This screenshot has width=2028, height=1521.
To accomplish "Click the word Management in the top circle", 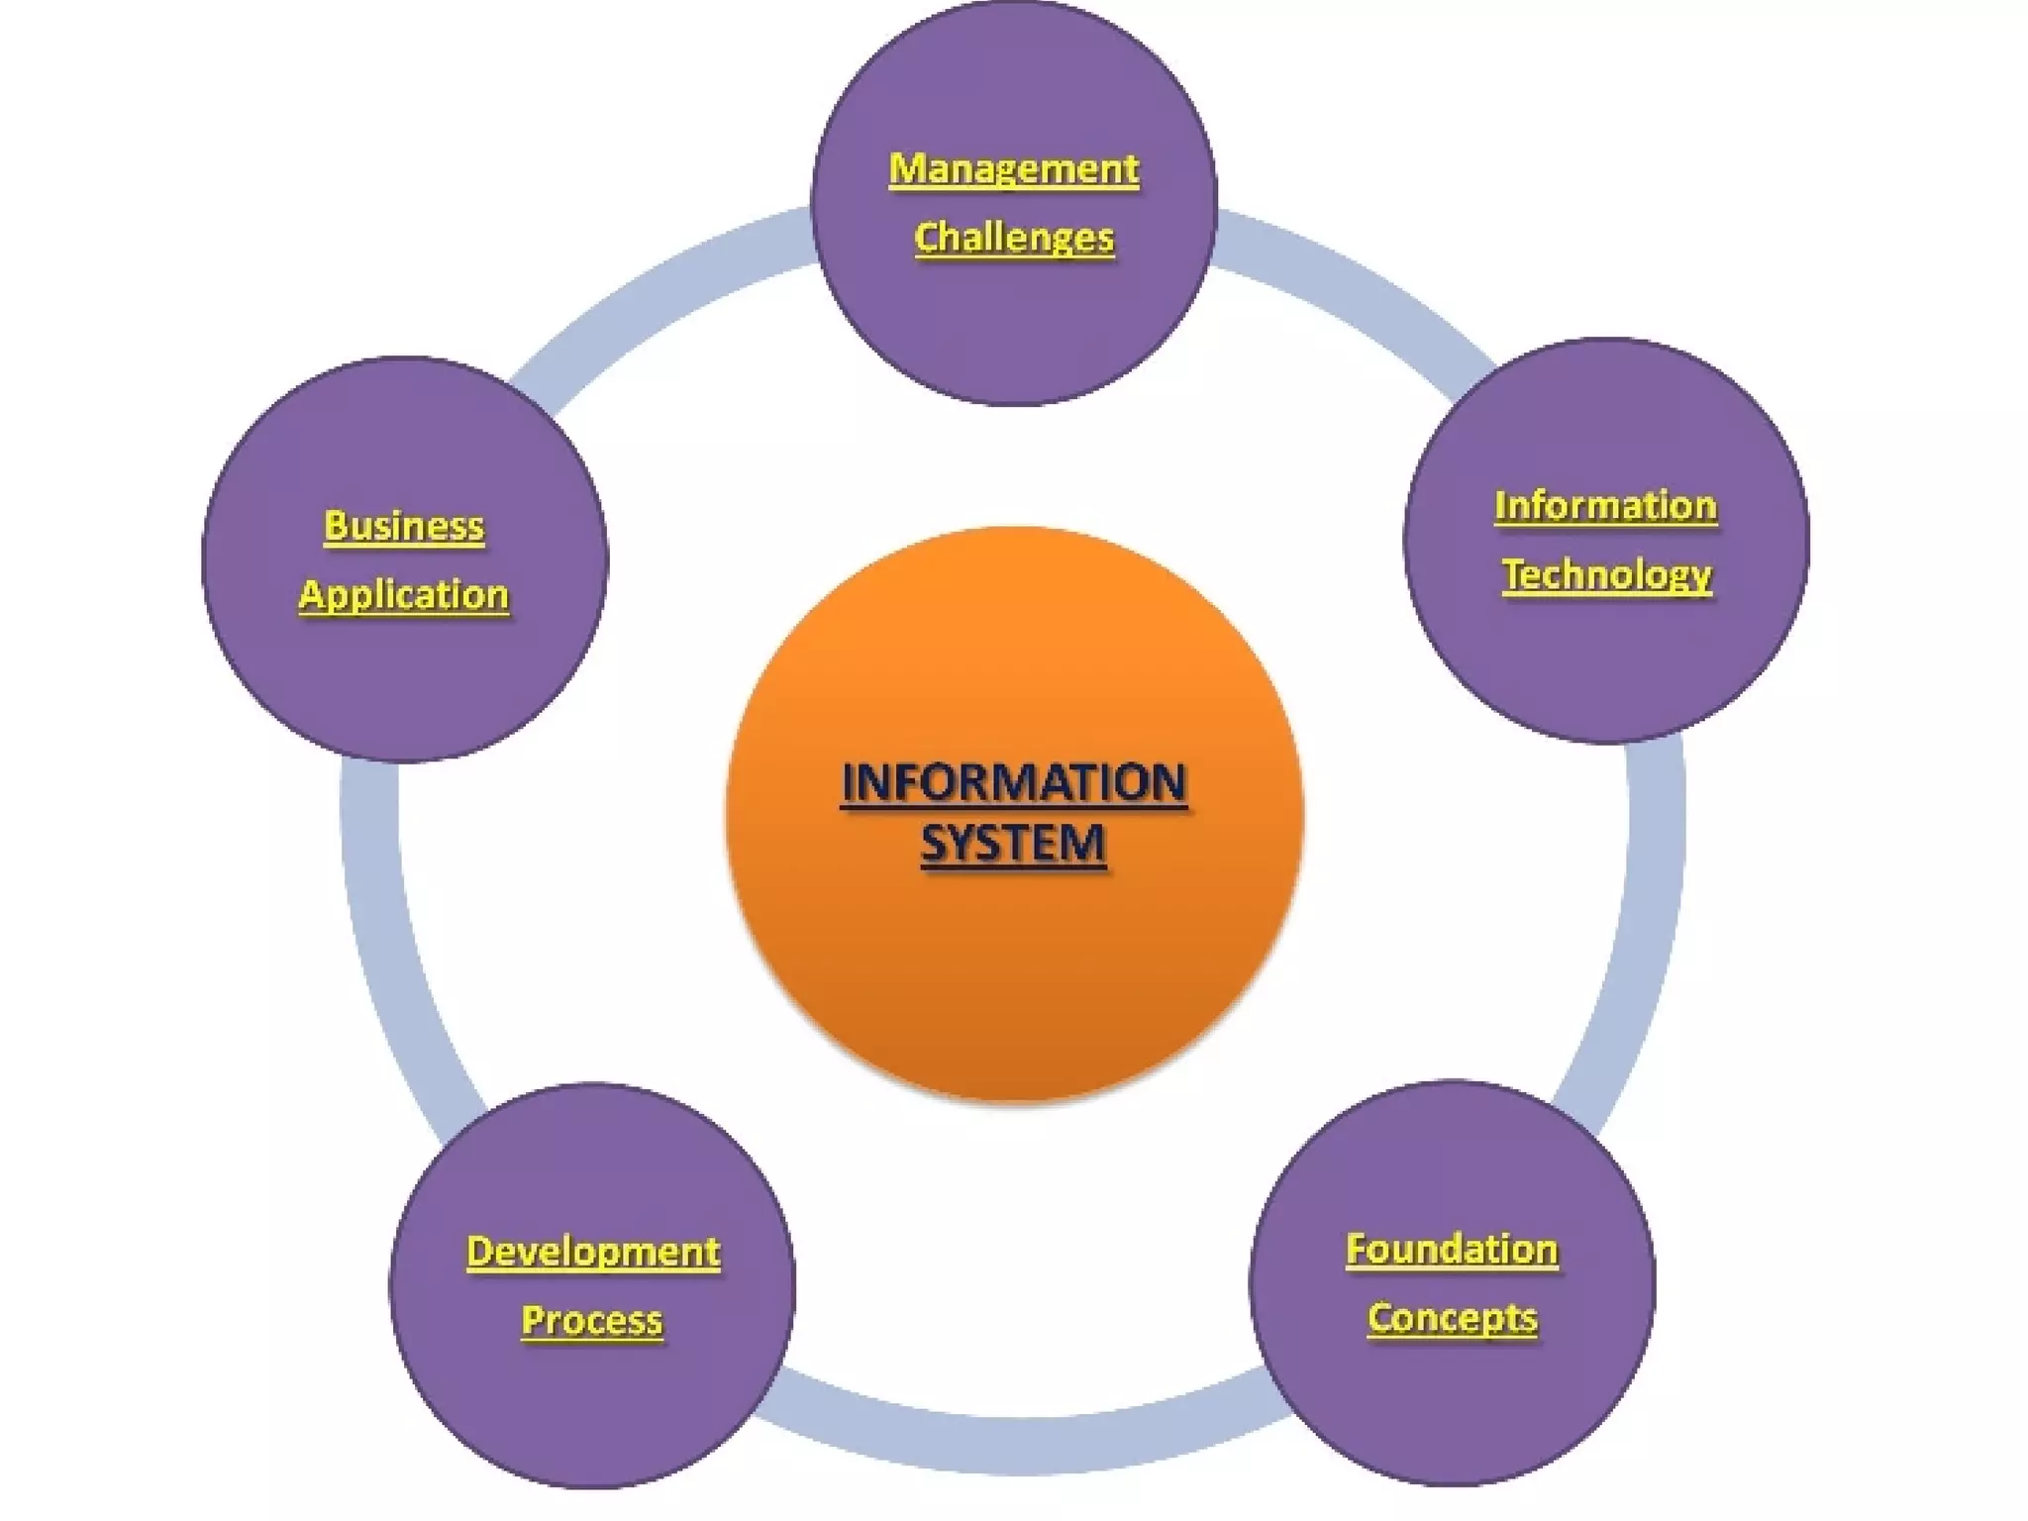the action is (1013, 169).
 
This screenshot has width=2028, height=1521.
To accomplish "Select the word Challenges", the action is (1013, 239).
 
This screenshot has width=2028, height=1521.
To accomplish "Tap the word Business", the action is (404, 526).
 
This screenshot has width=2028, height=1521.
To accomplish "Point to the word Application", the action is (404, 595).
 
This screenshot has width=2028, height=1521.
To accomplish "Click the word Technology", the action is (1606, 575).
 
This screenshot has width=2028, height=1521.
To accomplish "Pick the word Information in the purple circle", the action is (1605, 506).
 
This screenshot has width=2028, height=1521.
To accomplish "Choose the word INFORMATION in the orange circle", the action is (1013, 783).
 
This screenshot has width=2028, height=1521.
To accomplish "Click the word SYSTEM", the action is (1013, 844).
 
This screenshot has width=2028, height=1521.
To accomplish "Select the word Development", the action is (593, 1252).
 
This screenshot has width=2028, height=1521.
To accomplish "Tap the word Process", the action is (592, 1321).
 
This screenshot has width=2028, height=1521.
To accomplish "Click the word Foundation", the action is (1452, 1250).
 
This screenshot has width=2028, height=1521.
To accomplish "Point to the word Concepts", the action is (1452, 1319).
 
